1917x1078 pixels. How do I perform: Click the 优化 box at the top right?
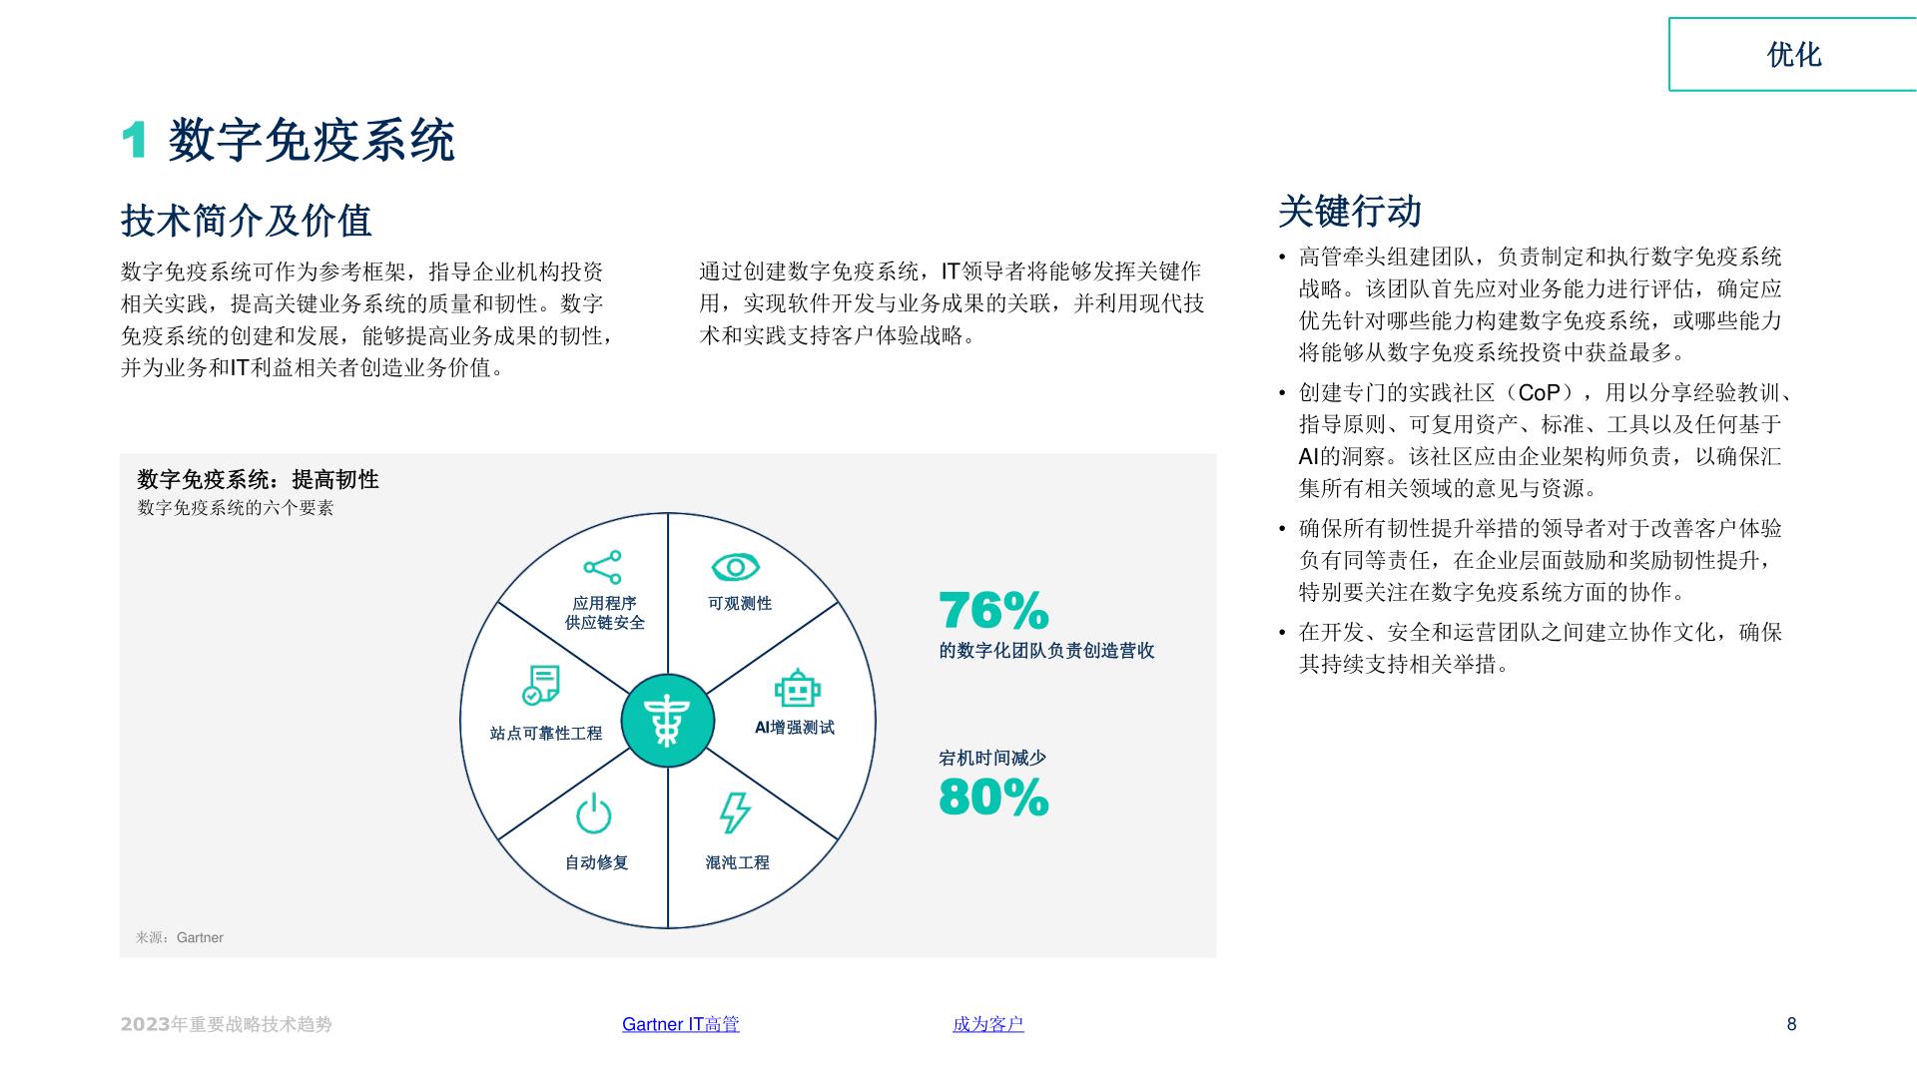[x=1793, y=54]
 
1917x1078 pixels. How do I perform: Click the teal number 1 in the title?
[x=134, y=140]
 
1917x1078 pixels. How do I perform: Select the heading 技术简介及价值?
[x=247, y=221]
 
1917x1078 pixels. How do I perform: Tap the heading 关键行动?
[x=1350, y=212]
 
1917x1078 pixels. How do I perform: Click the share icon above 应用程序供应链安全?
[x=603, y=567]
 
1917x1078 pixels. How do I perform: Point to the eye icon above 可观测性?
[x=736, y=567]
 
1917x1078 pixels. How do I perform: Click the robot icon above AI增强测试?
[x=797, y=689]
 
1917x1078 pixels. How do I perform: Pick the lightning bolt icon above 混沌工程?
[x=736, y=812]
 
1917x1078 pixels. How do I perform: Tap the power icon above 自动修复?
[x=594, y=813]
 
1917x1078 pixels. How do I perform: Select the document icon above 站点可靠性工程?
[x=542, y=685]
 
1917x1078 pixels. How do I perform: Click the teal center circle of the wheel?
[x=668, y=721]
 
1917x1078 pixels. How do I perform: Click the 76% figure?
[x=994, y=610]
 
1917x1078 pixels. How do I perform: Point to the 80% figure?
[x=994, y=797]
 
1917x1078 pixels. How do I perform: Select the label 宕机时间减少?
[x=992, y=758]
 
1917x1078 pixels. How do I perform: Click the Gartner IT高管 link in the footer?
[x=681, y=1024]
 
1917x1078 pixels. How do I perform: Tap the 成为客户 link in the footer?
[x=988, y=1024]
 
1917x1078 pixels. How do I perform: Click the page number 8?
[x=1792, y=1024]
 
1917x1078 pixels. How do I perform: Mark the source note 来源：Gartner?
[x=180, y=937]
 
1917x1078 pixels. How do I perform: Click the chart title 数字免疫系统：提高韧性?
[x=259, y=479]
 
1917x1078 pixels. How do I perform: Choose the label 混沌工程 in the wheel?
[x=738, y=862]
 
